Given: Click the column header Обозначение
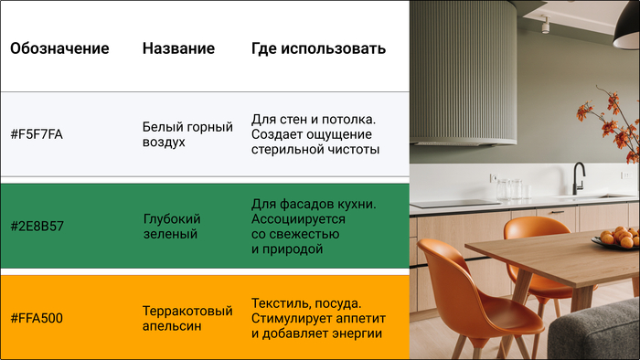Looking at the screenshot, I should (59, 48).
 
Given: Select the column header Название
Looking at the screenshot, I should (178, 48).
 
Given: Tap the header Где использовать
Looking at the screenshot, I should (318, 48).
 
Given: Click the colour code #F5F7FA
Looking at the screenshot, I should (37, 134).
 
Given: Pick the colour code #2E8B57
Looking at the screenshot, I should (37, 227).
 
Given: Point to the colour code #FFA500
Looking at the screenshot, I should (37, 318).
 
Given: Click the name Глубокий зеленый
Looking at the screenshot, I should (172, 227).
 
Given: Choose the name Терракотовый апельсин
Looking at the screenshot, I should (187, 318).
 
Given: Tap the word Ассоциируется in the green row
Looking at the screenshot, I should (298, 219).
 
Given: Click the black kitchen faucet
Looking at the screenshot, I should (578, 177).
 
